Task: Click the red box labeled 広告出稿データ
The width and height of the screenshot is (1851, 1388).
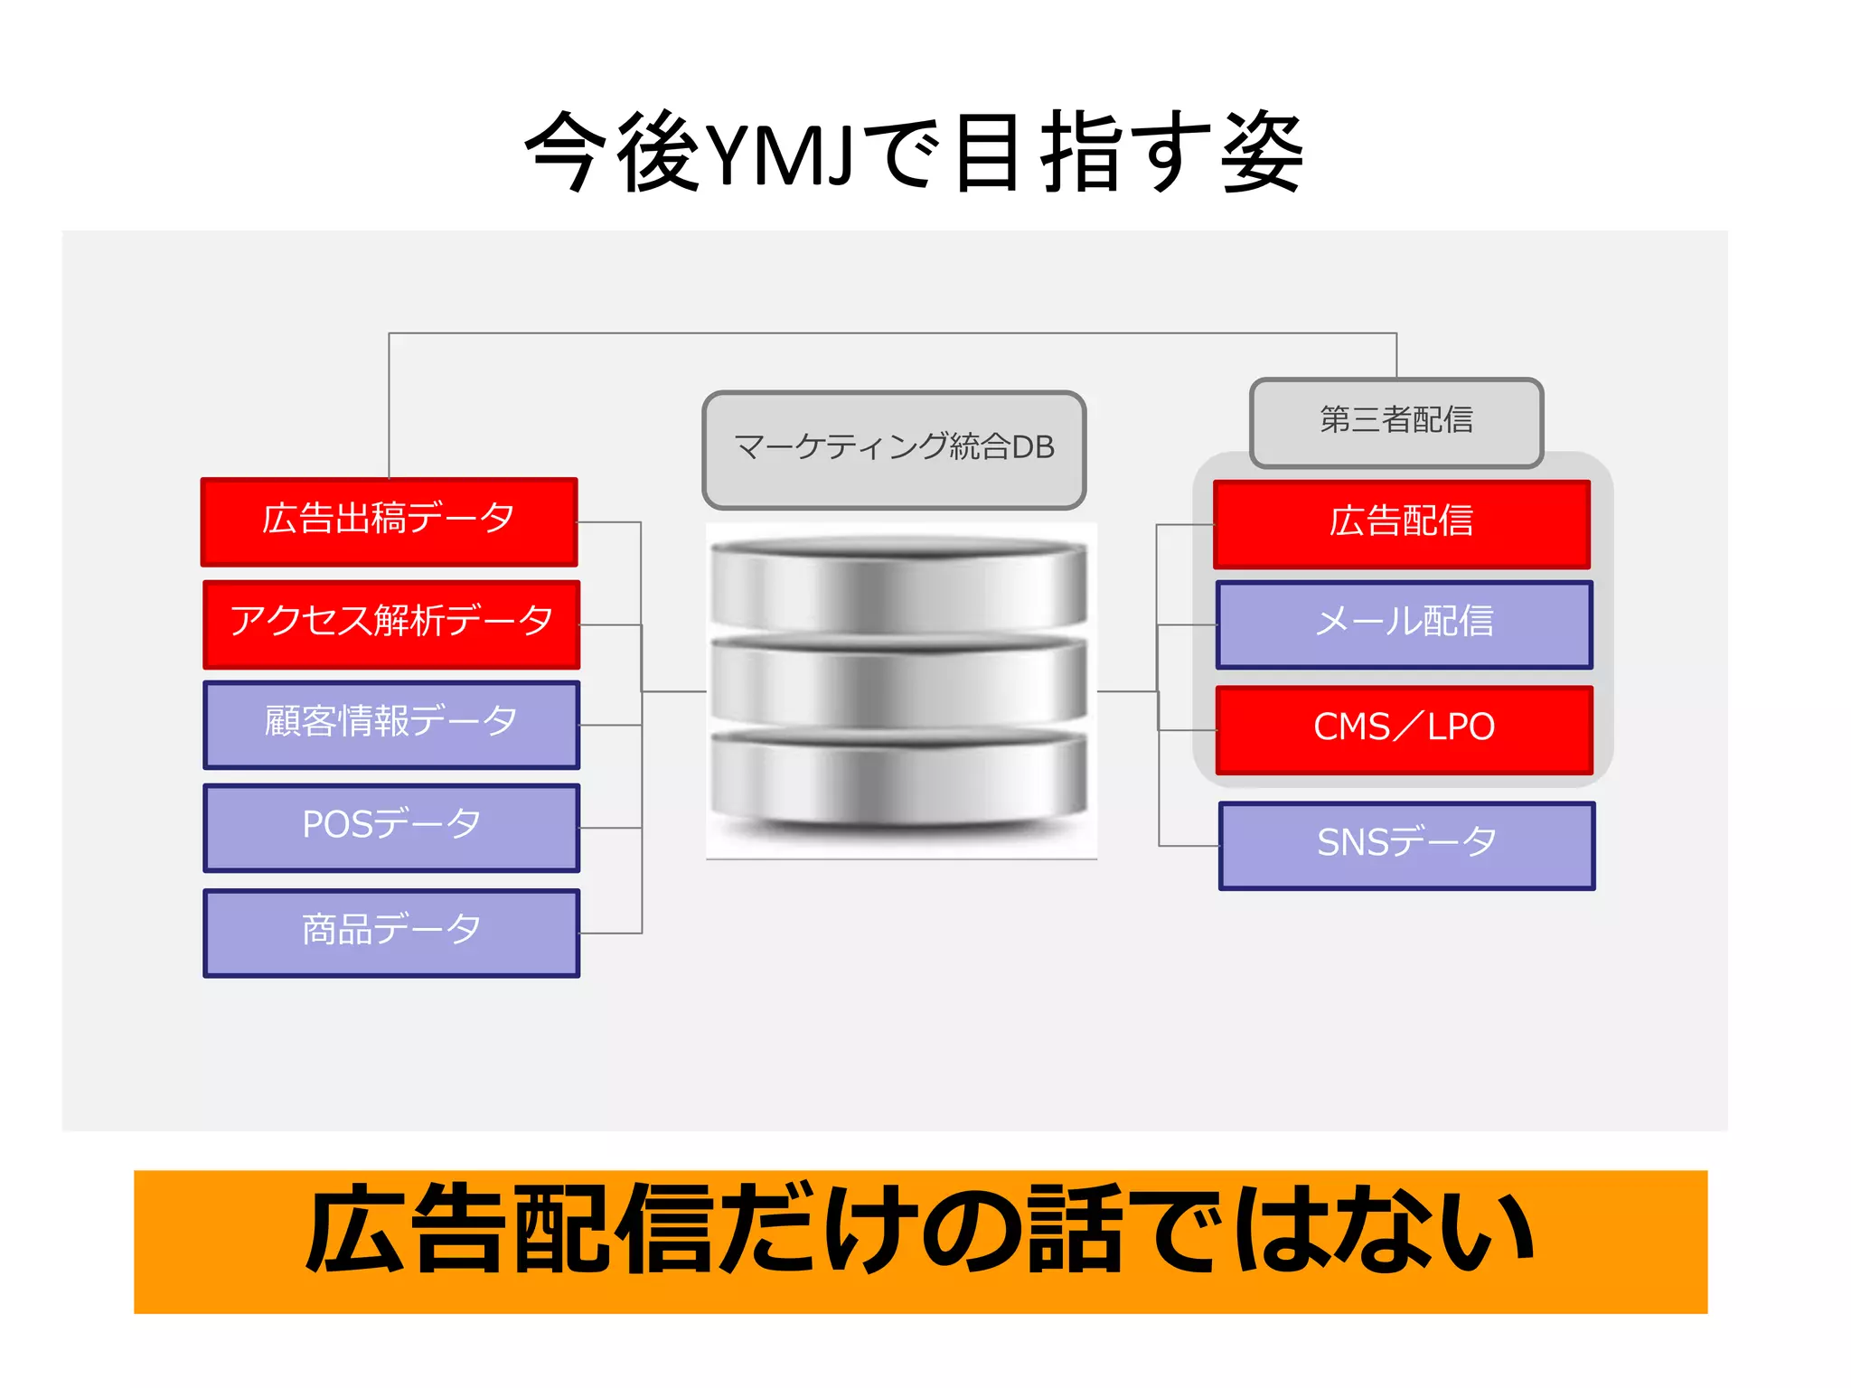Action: [x=390, y=521]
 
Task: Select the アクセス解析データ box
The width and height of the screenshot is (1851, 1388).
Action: [x=391, y=624]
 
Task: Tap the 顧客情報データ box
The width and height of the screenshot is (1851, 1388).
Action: [x=391, y=725]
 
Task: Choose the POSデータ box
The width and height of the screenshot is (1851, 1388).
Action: [x=391, y=828]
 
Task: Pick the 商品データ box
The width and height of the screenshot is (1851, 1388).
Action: [x=391, y=933]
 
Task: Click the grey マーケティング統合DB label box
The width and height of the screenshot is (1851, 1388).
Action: [x=894, y=449]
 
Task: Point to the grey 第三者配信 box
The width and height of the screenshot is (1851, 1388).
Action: [x=1396, y=421]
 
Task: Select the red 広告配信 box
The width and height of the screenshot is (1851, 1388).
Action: [x=1402, y=523]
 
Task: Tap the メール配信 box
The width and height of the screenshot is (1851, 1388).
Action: [x=1405, y=624]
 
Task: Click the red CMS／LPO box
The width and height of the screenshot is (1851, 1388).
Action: [x=1405, y=729]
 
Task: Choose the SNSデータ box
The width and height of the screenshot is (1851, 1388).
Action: [x=1407, y=845]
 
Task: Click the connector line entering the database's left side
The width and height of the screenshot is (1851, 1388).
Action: [x=674, y=691]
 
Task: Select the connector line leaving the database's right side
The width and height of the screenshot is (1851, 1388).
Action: [x=1126, y=691]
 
